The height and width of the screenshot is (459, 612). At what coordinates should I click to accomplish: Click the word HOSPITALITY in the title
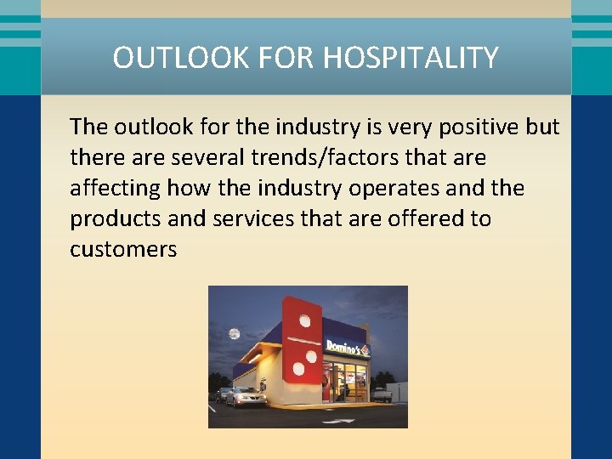pyautogui.click(x=411, y=58)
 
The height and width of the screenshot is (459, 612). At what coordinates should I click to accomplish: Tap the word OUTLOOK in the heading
pyautogui.click(x=172, y=58)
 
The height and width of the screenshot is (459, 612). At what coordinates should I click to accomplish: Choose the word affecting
pyautogui.click(x=116, y=188)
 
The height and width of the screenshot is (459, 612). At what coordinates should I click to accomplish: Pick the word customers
pyautogui.click(x=123, y=249)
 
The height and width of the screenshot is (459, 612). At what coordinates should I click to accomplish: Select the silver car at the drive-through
pyautogui.click(x=245, y=397)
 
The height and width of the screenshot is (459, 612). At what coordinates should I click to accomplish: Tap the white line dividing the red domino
pyautogui.click(x=304, y=340)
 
